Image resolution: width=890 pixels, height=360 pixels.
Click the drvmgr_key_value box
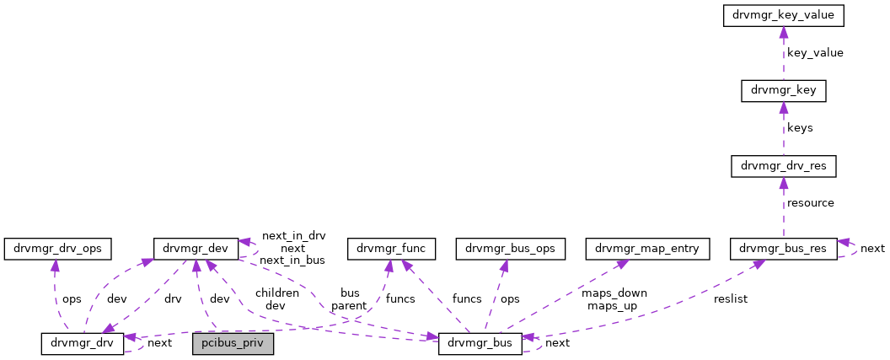(783, 15)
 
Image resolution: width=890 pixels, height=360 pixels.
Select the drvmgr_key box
(783, 90)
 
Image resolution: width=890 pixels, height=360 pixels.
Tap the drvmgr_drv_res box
(783, 166)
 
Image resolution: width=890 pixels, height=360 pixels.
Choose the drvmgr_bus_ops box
(505, 249)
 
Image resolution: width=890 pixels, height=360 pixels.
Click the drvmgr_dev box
(196, 249)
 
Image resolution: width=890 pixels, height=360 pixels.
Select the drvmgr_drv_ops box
(58, 249)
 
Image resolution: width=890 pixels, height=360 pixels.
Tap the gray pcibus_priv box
(233, 344)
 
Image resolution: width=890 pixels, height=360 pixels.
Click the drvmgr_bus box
(480, 344)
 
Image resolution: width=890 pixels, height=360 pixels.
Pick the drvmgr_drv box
(83, 344)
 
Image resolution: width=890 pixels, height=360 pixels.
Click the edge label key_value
(815, 53)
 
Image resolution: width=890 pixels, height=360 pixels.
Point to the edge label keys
(800, 128)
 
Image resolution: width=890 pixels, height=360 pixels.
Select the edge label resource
(810, 203)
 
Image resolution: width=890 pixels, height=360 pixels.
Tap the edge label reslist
(731, 299)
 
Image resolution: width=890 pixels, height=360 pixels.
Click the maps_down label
(614, 293)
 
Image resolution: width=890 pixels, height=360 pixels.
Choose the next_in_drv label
(293, 236)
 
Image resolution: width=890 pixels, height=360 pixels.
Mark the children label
(276, 293)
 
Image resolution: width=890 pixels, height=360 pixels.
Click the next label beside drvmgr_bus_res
(872, 249)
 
